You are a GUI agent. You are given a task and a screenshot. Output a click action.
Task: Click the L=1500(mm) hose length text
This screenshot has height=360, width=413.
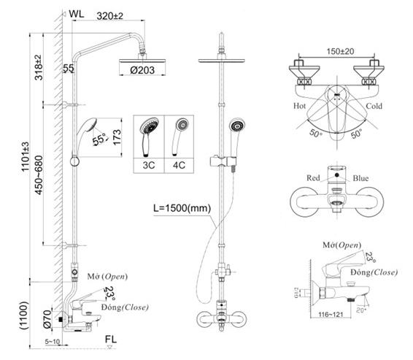click(181, 208)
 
